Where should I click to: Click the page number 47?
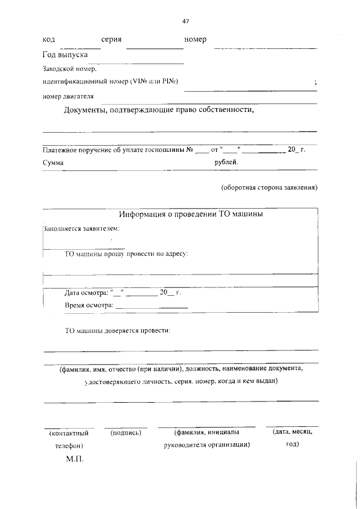(185, 21)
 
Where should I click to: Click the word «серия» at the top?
(112, 40)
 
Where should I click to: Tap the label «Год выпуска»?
(65, 55)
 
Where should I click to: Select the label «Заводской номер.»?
(69, 69)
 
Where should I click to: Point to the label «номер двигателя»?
(68, 96)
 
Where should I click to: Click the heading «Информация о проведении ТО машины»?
(191, 214)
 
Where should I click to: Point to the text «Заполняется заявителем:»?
(81, 229)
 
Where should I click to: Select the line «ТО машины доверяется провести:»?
(118, 331)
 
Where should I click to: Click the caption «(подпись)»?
(125, 433)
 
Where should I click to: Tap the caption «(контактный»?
(69, 434)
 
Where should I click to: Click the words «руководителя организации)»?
(206, 444)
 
